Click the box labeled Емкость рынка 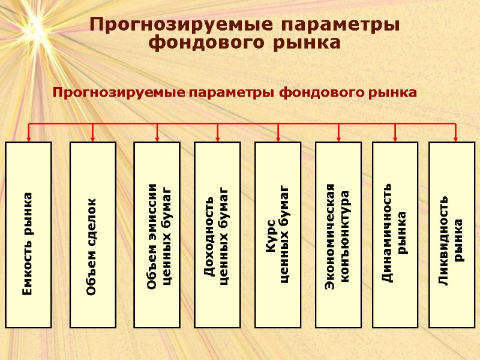point(29,235)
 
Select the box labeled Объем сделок point(92,235)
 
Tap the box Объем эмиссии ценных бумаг point(156,235)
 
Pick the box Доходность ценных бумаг point(217,235)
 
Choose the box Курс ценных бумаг point(278,235)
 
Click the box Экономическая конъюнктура point(338,235)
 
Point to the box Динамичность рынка point(395,235)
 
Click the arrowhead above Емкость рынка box point(29,137)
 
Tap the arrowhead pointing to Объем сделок point(92,137)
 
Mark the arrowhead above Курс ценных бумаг point(278,137)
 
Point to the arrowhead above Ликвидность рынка point(455,137)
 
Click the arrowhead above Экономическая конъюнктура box point(338,137)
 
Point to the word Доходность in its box point(209,235)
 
